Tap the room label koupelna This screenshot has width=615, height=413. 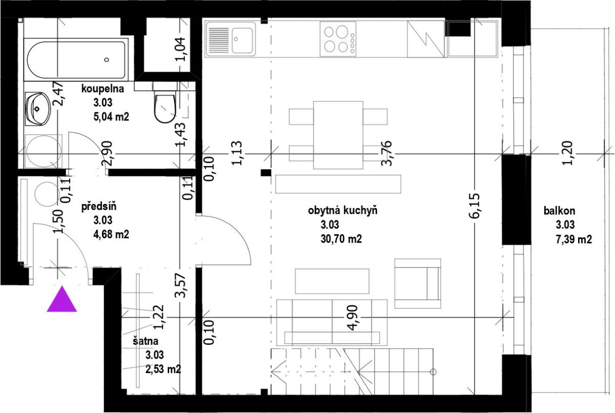click(102, 89)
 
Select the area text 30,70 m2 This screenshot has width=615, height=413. click(341, 239)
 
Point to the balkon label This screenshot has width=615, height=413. click(559, 211)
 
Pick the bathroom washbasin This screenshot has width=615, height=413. click(38, 109)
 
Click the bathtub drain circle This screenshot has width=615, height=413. click(107, 59)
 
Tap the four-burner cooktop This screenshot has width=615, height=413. click(338, 39)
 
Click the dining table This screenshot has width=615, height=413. click(338, 135)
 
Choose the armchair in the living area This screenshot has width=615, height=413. click(418, 283)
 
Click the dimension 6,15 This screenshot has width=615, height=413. click(475, 206)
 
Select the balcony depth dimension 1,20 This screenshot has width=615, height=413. click(568, 153)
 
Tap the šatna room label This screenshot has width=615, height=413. click(146, 341)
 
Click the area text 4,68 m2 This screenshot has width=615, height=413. click(111, 234)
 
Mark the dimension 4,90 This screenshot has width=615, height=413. click(353, 318)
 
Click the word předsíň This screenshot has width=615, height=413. click(99, 206)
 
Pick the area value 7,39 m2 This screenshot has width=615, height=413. click(574, 239)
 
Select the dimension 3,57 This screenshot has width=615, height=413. click(180, 285)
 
